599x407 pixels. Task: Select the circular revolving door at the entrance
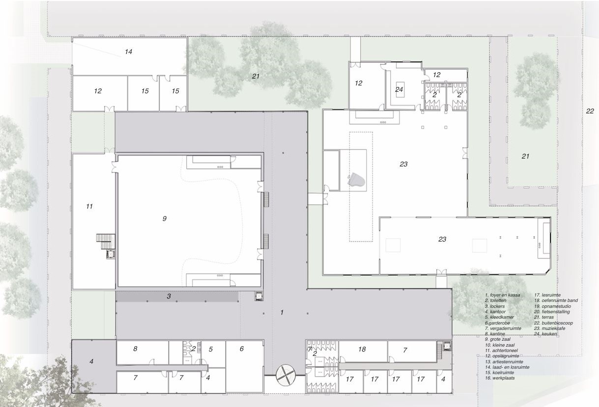(285, 375)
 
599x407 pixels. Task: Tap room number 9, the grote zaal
(165, 218)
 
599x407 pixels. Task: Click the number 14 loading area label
(129, 52)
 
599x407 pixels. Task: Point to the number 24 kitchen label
(399, 89)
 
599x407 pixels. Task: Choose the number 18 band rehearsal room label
(362, 349)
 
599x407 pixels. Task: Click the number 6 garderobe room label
(242, 349)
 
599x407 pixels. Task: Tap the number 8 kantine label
(135, 349)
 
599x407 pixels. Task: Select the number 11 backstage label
(89, 206)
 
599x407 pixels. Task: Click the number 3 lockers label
(169, 296)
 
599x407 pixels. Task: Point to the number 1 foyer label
(282, 312)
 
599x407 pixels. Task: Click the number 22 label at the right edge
(590, 111)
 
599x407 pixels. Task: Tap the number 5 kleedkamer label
(211, 349)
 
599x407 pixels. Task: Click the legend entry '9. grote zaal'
(498, 339)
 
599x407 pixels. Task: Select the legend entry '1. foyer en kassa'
(503, 295)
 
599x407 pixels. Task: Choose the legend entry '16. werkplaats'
(500, 378)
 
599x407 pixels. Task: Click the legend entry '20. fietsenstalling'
(552, 312)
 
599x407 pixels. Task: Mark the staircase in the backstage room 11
(106, 242)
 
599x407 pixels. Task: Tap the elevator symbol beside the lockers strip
(258, 296)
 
